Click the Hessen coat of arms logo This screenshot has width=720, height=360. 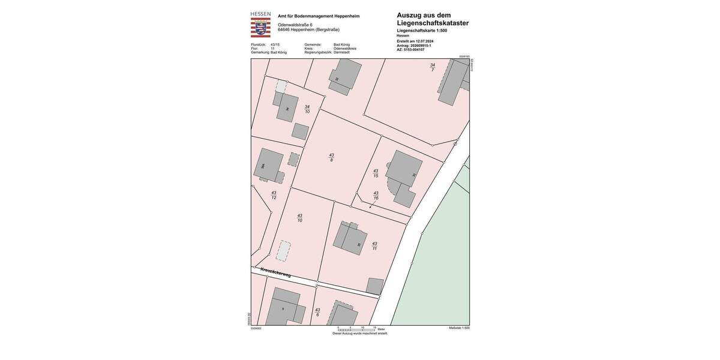click(260, 28)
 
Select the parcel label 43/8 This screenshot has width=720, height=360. click(331, 157)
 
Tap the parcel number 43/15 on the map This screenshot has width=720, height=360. click(376, 173)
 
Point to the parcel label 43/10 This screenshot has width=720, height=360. click(299, 218)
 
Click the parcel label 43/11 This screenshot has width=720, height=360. click(374, 245)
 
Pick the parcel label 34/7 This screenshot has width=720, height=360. click(432, 67)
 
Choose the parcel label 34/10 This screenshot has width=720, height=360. click(307, 109)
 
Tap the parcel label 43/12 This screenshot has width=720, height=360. click(274, 195)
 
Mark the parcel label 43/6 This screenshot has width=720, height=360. click(317, 312)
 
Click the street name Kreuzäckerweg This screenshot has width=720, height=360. click(276, 272)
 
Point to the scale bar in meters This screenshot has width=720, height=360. click(356, 329)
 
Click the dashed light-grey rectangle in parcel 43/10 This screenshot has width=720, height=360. click(283, 251)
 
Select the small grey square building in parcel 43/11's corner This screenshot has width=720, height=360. click(375, 286)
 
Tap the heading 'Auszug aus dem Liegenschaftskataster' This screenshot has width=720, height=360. click(433, 19)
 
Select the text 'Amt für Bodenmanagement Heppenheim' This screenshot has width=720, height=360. click(319, 16)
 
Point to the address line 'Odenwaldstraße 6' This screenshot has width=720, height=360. click(295, 25)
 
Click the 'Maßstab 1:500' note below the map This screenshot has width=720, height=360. click(459, 328)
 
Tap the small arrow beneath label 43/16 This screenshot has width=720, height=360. click(370, 206)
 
